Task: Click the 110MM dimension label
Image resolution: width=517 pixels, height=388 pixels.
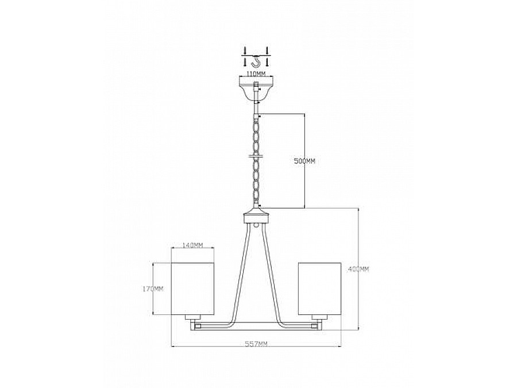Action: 256,74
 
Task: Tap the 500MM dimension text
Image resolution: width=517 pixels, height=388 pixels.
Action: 304,162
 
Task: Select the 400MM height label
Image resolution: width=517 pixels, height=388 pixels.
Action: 358,270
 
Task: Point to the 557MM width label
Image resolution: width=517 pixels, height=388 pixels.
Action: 256,344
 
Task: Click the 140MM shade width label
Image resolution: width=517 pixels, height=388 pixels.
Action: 193,245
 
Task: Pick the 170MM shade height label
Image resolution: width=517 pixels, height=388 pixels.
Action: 153,289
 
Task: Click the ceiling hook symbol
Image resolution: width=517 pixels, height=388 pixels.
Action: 256,61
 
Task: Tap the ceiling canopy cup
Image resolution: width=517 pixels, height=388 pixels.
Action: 256,89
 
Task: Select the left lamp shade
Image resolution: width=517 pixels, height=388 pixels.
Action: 193,289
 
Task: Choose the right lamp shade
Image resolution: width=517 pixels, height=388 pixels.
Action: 319,289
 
